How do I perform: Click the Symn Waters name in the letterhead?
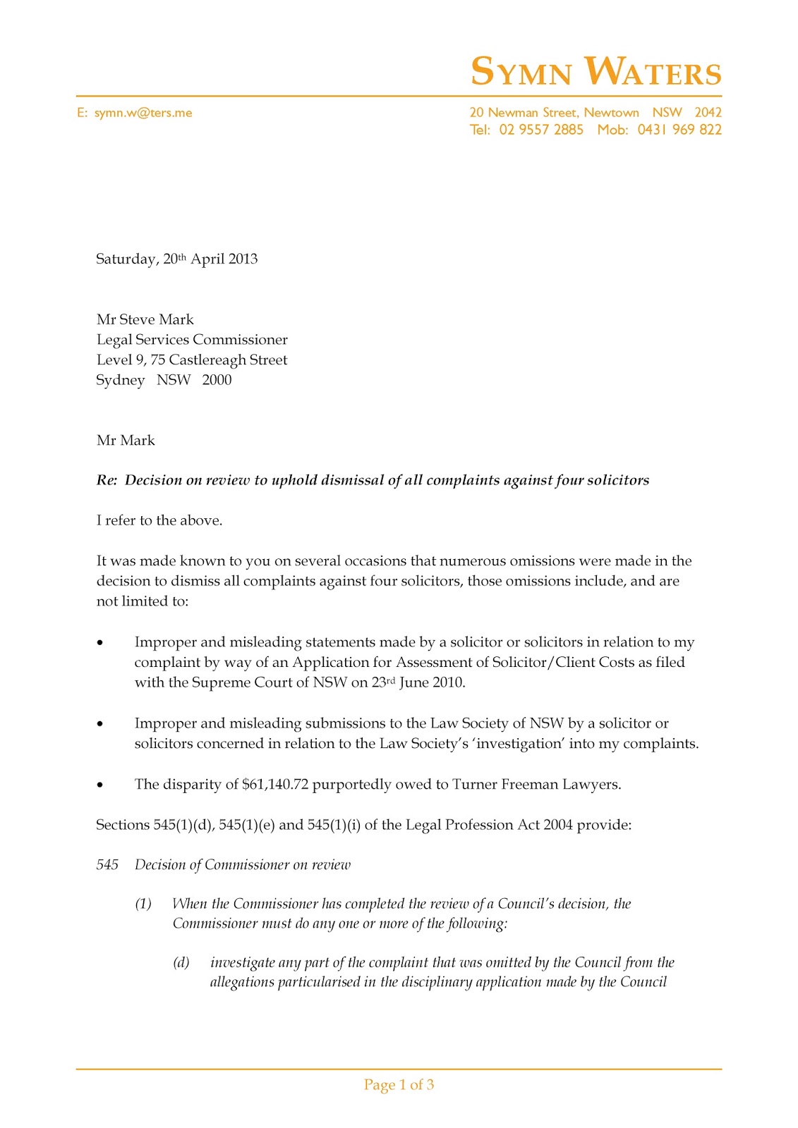click(596, 72)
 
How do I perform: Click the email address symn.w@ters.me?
click(143, 113)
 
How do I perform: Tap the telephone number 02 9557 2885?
click(541, 130)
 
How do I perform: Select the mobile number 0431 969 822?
click(679, 130)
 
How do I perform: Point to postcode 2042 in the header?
click(708, 113)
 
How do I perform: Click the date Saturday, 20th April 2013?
click(176, 259)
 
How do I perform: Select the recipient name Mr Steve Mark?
click(145, 319)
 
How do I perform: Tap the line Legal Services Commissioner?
click(192, 340)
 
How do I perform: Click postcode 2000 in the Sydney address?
click(217, 380)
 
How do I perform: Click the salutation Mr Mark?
click(126, 441)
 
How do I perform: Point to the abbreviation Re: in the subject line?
click(107, 480)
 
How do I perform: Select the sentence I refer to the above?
click(159, 520)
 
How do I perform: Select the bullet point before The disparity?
click(100, 785)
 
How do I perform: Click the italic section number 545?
click(107, 865)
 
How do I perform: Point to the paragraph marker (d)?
click(181, 962)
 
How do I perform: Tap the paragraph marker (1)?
click(143, 904)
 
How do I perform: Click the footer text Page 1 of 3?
click(399, 1084)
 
